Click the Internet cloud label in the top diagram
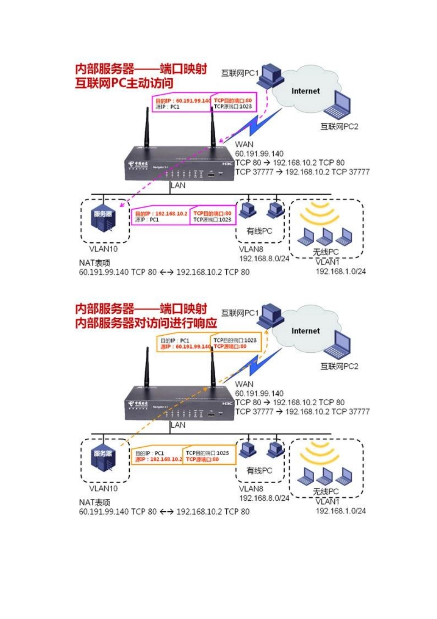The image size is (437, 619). coord(305,91)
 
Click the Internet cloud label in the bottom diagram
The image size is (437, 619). coord(305,331)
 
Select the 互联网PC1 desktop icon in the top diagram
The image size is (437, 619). coord(270,76)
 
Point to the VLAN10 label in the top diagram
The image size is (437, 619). coord(103,249)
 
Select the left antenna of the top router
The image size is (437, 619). coord(148,129)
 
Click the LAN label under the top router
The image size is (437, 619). coord(178,186)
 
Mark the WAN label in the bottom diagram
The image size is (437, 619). coord(244,384)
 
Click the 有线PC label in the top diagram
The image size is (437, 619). coord(259,231)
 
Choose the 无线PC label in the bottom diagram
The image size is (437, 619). coord(326,491)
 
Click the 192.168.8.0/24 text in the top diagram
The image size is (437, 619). coord(264,259)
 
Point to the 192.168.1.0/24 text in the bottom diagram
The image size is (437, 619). coord(341,511)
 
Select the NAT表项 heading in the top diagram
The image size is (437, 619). coord(95,263)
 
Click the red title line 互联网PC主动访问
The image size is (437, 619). coord(124,83)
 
